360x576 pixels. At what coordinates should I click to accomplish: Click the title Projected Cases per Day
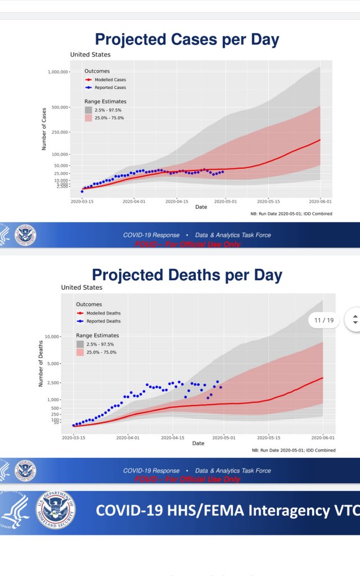click(x=187, y=39)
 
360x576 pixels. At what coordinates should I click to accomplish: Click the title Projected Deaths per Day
click(x=187, y=275)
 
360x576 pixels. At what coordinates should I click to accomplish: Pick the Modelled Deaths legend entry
click(x=103, y=313)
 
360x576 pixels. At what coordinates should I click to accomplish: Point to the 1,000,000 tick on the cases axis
click(x=58, y=72)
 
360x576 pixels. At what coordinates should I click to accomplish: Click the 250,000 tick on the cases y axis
click(x=60, y=132)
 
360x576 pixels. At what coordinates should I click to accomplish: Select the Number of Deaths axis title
click(x=41, y=363)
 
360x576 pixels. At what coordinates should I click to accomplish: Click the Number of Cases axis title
click(x=44, y=129)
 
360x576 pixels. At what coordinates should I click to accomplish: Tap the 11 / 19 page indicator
click(x=325, y=320)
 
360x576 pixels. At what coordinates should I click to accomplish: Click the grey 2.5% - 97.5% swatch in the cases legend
click(x=88, y=110)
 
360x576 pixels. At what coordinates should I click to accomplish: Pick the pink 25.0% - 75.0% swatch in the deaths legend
click(x=80, y=352)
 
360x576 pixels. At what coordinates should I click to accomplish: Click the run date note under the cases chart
click(x=291, y=214)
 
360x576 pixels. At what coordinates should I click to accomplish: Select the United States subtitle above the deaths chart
click(x=82, y=287)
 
